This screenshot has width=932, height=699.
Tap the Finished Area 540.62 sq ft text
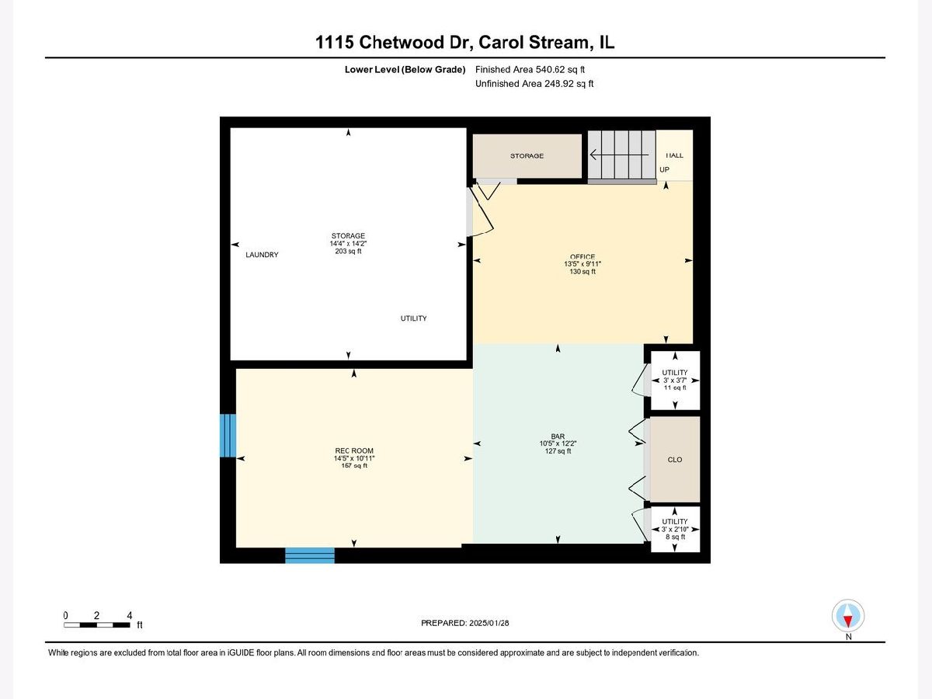pyautogui.click(x=530, y=70)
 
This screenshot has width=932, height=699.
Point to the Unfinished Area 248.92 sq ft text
pyautogui.click(x=534, y=84)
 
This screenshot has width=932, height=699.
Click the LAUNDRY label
pyautogui.click(x=262, y=255)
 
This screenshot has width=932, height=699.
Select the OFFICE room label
pyautogui.click(x=582, y=257)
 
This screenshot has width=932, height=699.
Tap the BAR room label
pyautogui.click(x=558, y=436)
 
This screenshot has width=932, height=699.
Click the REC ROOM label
pyautogui.click(x=354, y=450)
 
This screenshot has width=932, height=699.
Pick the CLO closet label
pyautogui.click(x=675, y=460)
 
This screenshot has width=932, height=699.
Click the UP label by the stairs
pyautogui.click(x=665, y=170)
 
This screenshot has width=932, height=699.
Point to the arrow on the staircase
pyautogui.click(x=620, y=155)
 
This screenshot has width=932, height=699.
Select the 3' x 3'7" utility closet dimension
pyautogui.click(x=675, y=381)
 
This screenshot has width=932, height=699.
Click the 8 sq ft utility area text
pyautogui.click(x=675, y=537)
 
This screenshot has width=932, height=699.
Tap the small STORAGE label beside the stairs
pyautogui.click(x=527, y=156)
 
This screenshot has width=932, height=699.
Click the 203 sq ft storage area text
pyautogui.click(x=348, y=251)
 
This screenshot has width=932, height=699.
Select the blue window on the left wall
pyautogui.click(x=228, y=436)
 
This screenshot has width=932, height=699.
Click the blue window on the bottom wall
pyautogui.click(x=310, y=555)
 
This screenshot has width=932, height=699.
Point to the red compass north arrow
pyautogui.click(x=848, y=621)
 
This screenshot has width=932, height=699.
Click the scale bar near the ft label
pyautogui.click(x=97, y=624)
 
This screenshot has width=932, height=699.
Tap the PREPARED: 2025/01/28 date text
pyautogui.click(x=465, y=623)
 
